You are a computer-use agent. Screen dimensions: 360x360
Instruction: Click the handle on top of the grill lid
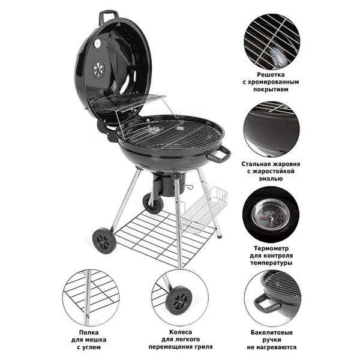pos(108,14)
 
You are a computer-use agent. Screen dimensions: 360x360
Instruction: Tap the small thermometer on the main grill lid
pos(97,43)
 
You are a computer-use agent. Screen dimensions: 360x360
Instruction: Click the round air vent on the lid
pos(99,70)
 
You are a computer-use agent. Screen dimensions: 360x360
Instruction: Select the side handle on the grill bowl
pos(218,155)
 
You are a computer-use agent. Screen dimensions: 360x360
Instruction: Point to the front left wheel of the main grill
pos(104,241)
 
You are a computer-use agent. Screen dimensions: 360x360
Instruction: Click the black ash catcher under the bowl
pos(169,184)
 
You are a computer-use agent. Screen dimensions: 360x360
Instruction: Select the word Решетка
pos(271,74)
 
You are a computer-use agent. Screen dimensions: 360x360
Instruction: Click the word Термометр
pos(271,248)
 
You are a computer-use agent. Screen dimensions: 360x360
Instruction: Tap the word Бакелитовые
pos(272,332)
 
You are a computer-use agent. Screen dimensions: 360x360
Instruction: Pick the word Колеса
pos(181,332)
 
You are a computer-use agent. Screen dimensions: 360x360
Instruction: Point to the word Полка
pos(89,332)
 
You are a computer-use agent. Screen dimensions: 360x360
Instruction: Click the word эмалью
pos(271,179)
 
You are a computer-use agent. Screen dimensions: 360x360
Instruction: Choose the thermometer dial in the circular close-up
pos(271,217)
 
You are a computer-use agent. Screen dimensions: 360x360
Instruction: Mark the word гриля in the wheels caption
pos(203,347)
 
